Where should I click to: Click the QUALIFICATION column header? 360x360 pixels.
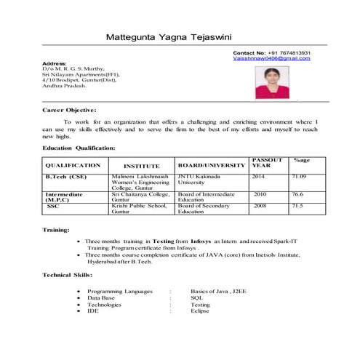point(73,166)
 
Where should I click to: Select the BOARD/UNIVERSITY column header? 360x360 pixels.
point(211,166)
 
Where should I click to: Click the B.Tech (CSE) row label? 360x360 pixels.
point(67,177)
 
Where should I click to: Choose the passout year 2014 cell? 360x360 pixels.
point(259,177)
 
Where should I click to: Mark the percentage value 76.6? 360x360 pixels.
point(297,195)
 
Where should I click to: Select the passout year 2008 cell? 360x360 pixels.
point(260,206)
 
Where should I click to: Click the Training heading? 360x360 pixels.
point(57,230)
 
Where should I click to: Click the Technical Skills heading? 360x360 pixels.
point(68,276)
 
